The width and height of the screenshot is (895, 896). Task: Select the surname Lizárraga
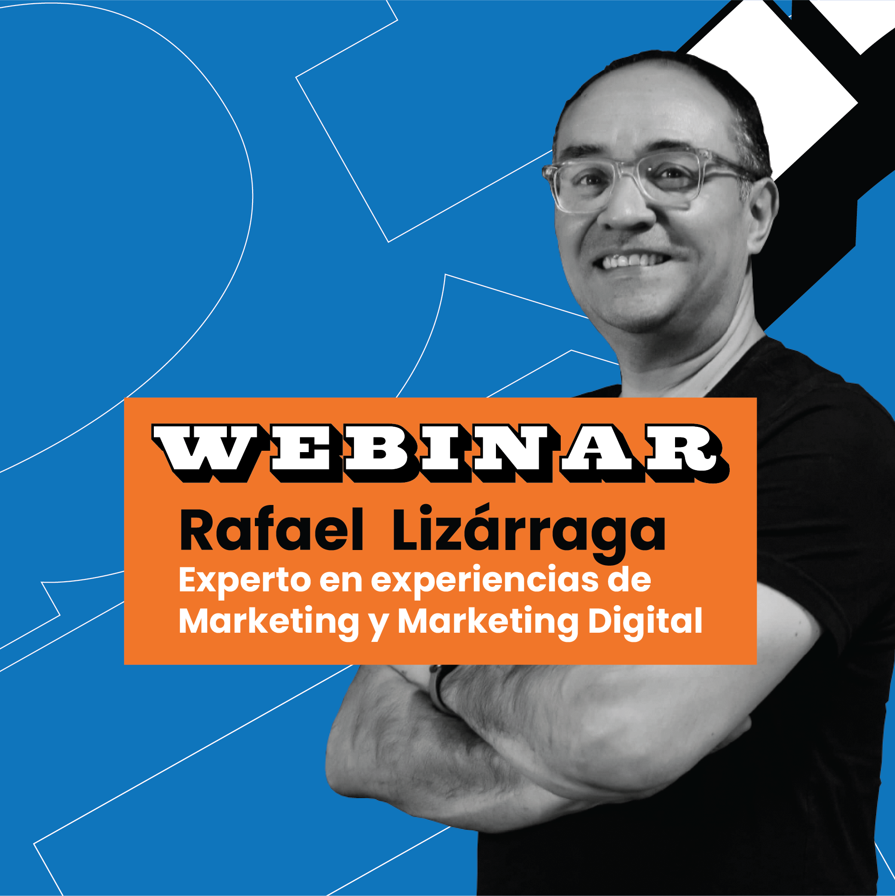click(x=529, y=533)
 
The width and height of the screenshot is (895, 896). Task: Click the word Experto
click(x=245, y=581)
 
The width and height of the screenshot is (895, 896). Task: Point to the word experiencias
click(x=484, y=581)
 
